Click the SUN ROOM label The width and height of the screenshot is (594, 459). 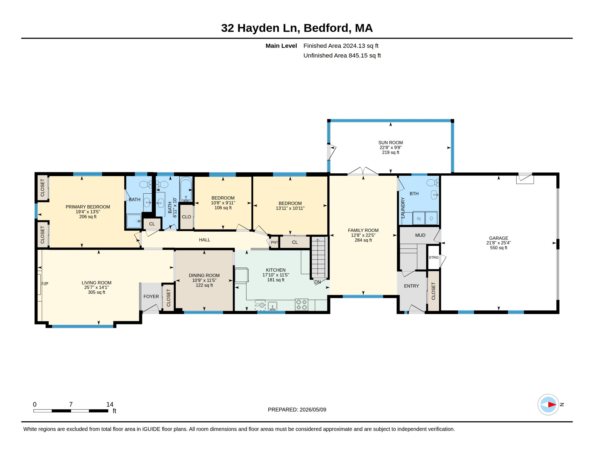390,143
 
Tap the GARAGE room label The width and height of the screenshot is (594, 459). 498,238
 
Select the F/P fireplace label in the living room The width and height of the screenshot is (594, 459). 45,284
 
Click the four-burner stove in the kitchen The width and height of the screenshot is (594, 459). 301,305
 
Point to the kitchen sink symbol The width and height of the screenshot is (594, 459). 272,306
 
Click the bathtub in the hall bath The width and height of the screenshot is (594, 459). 186,189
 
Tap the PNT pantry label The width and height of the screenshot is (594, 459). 274,242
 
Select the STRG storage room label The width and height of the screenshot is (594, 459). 434,257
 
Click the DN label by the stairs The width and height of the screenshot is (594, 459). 317,282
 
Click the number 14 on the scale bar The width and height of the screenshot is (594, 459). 110,404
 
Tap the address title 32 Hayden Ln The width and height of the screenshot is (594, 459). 260,28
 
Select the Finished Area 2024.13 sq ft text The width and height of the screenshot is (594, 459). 341,46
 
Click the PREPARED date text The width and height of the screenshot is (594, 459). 297,410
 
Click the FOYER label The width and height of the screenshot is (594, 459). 151,296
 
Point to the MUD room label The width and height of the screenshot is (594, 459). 420,235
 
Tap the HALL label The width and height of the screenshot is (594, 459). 205,240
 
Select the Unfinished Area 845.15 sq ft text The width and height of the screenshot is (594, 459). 342,56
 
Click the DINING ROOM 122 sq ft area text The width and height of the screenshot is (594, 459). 204,285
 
